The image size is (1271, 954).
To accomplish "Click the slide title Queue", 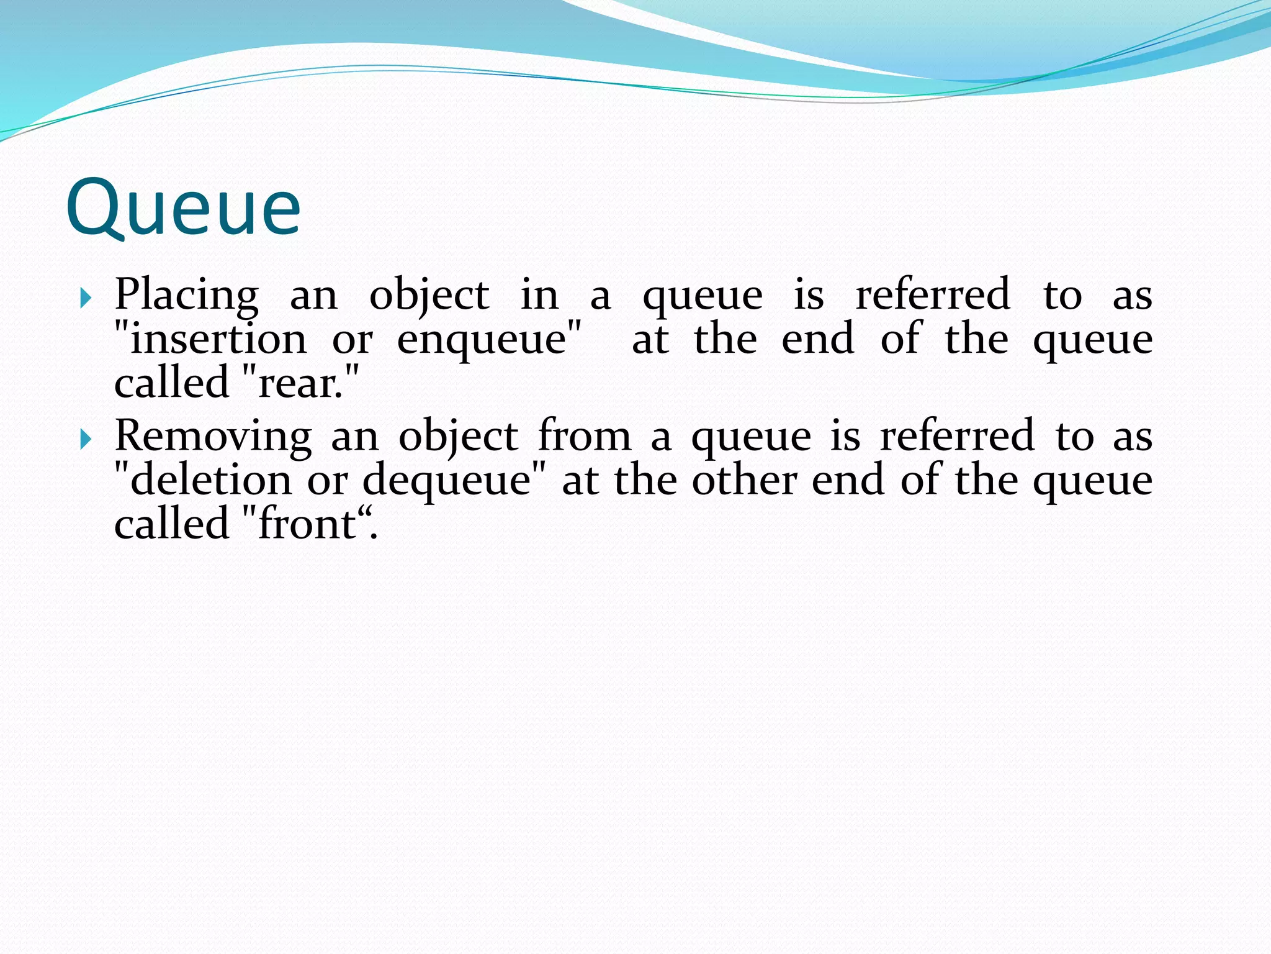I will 183,207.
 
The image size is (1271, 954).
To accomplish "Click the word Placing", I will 186,296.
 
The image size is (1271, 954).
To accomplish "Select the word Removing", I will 213,437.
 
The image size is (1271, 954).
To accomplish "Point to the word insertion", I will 218,340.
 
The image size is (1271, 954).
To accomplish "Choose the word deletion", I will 211,481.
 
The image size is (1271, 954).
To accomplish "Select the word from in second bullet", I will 584,436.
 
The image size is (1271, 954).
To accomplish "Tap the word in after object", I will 539,296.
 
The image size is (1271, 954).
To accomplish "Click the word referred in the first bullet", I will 933,294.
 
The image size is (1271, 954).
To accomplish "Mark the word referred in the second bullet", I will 958,436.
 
